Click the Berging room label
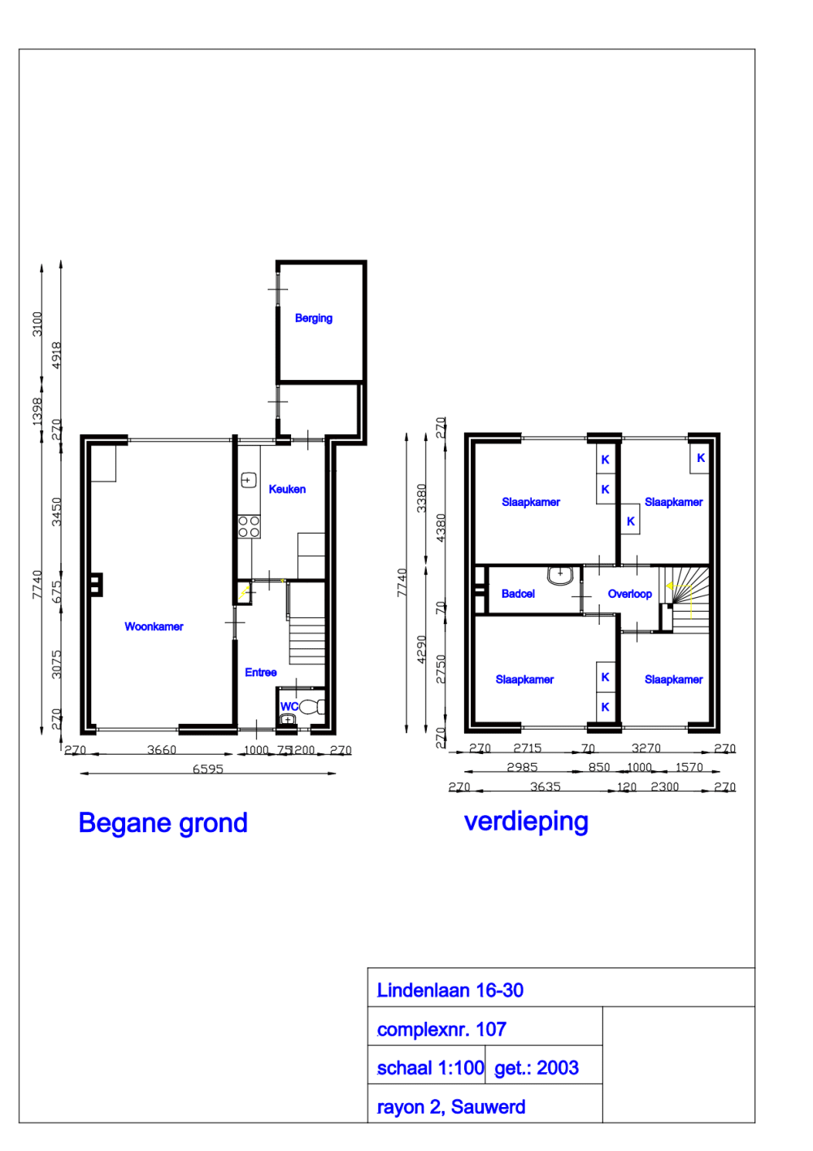[313, 318]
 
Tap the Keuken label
[287, 489]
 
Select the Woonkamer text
[154, 626]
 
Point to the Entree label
[260, 672]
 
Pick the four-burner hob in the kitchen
[249, 526]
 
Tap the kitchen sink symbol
[248, 480]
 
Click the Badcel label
[518, 594]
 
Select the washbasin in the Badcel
[560, 575]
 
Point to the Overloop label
[629, 594]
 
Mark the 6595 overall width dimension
[207, 769]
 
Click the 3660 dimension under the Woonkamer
[161, 750]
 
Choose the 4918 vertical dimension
[57, 355]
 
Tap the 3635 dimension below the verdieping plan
[545, 787]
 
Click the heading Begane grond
[163, 823]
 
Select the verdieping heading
[526, 822]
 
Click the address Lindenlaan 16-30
[450, 990]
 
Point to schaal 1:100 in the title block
[430, 1068]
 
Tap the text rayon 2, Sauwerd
[450, 1107]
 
